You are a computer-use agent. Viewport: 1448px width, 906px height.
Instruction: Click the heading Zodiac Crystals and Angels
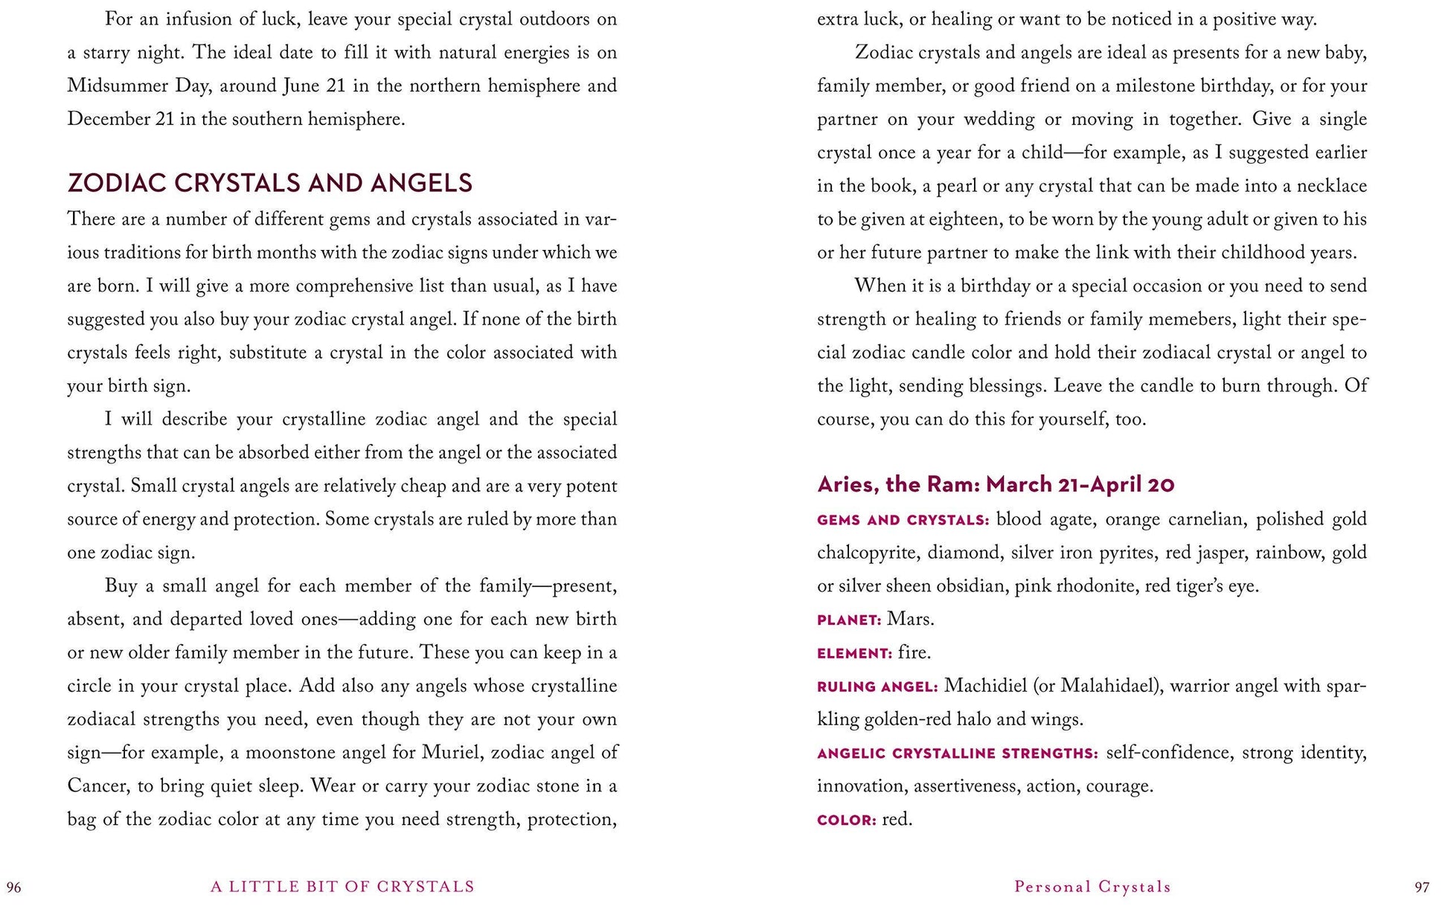click(x=269, y=183)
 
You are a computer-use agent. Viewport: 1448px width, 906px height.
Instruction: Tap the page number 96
click(x=14, y=887)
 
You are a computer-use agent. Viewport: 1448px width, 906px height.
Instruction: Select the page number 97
click(x=1421, y=887)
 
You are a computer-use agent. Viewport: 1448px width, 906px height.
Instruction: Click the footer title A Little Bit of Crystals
click(x=342, y=887)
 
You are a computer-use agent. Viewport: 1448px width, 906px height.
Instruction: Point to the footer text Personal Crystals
click(x=1092, y=887)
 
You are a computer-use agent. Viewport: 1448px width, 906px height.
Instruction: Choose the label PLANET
click(x=848, y=620)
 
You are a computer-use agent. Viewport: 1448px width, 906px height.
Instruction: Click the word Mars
click(x=910, y=619)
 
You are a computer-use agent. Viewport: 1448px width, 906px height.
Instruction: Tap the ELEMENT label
click(x=853, y=653)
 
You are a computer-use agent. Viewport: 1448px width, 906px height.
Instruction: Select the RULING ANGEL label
click(x=877, y=687)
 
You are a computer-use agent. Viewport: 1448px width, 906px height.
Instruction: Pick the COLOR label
click(x=846, y=820)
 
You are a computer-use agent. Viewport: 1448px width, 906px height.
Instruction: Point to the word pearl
click(x=956, y=186)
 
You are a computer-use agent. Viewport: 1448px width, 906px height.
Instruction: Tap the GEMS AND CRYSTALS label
click(x=903, y=520)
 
